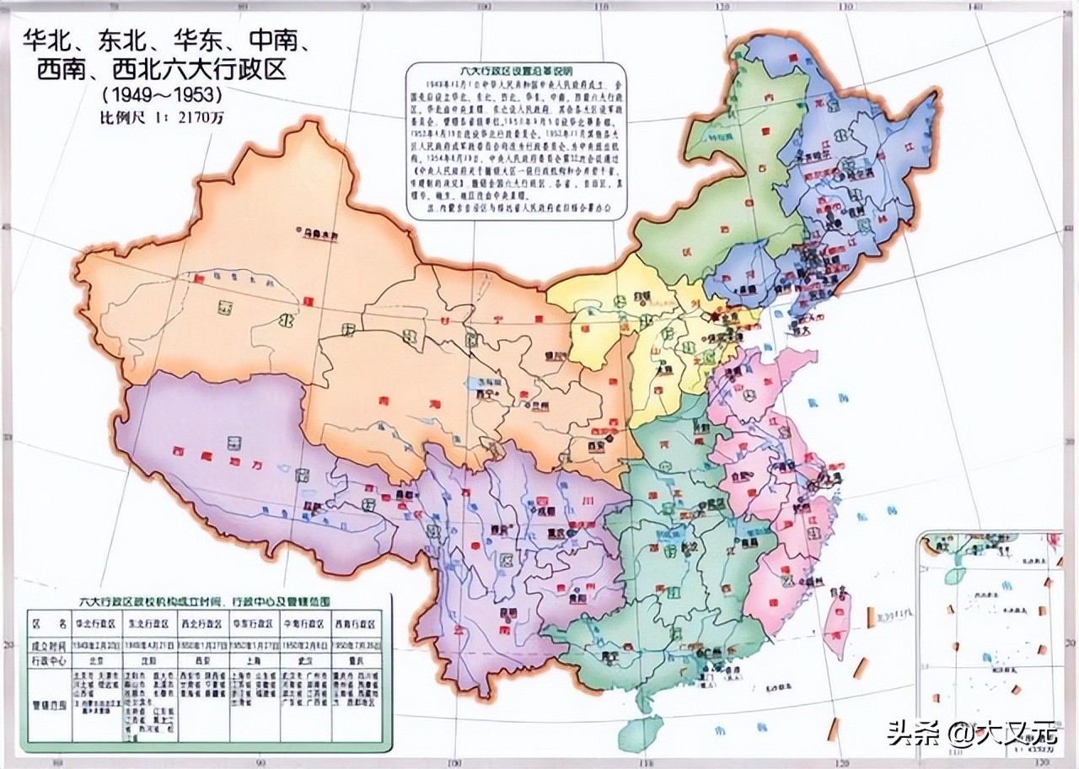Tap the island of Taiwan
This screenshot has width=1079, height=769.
click(x=835, y=623)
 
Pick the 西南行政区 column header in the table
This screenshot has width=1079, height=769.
click(x=355, y=625)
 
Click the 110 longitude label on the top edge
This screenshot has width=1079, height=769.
click(x=600, y=8)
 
